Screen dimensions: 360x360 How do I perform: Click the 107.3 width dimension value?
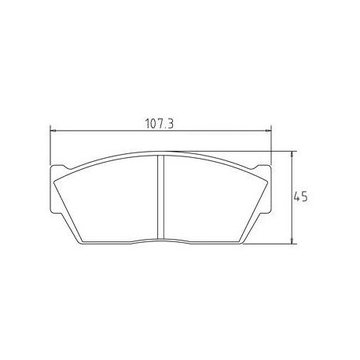point(160,123)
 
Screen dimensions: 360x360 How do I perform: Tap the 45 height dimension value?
point(299,197)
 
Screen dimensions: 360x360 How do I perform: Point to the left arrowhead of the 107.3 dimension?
point(52,130)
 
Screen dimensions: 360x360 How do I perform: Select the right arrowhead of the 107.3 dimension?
point(268,130)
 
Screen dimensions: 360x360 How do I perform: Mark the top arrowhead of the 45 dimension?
point(292,153)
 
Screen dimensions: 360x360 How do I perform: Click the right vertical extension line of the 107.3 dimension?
point(270,145)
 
